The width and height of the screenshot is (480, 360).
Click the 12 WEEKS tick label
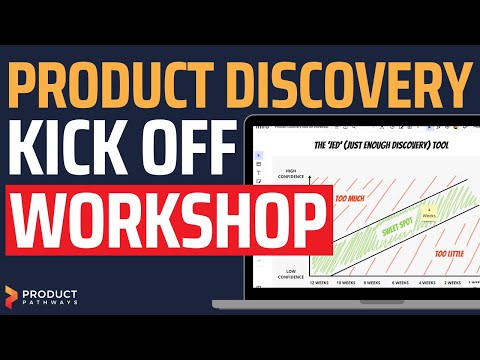tap(322, 283)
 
